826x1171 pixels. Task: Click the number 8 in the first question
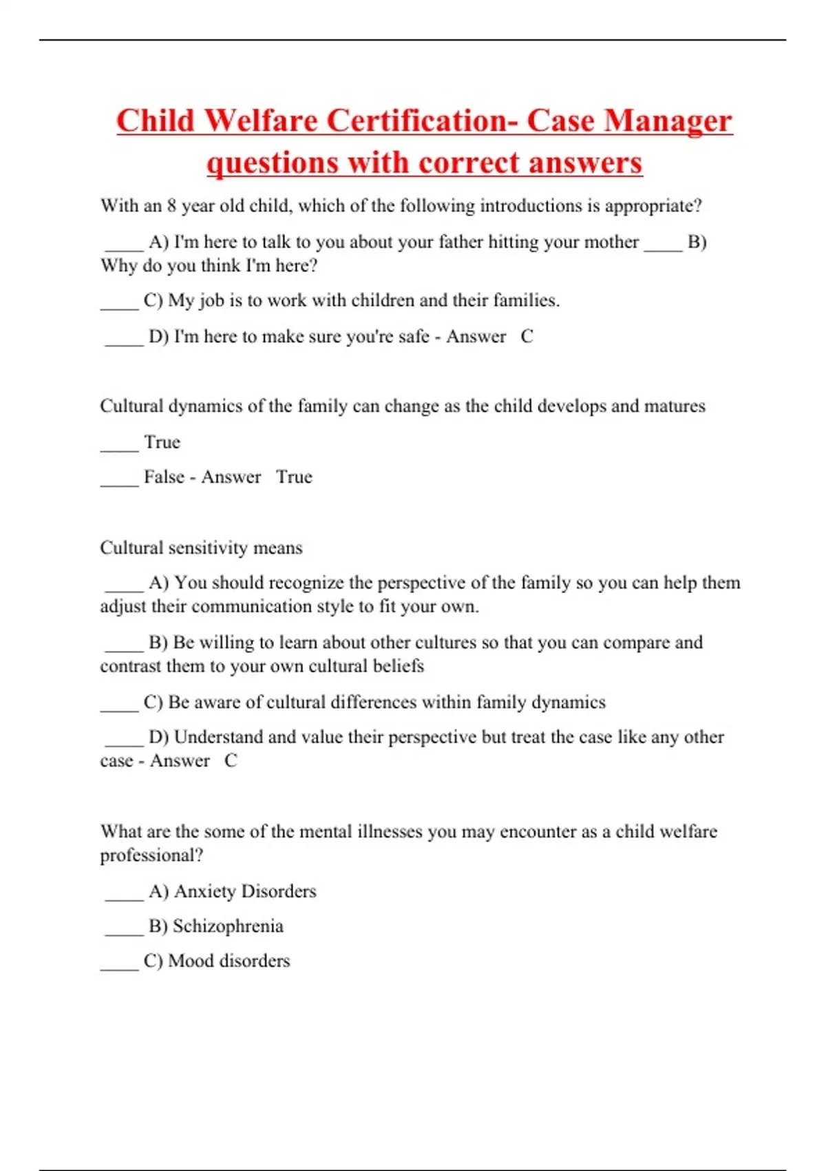(171, 206)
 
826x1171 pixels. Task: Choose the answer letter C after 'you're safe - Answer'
(527, 336)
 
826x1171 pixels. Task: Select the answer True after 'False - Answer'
(294, 477)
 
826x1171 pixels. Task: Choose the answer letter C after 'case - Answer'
(231, 760)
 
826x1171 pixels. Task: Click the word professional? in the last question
(151, 855)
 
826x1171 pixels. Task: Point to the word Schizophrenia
(228, 926)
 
